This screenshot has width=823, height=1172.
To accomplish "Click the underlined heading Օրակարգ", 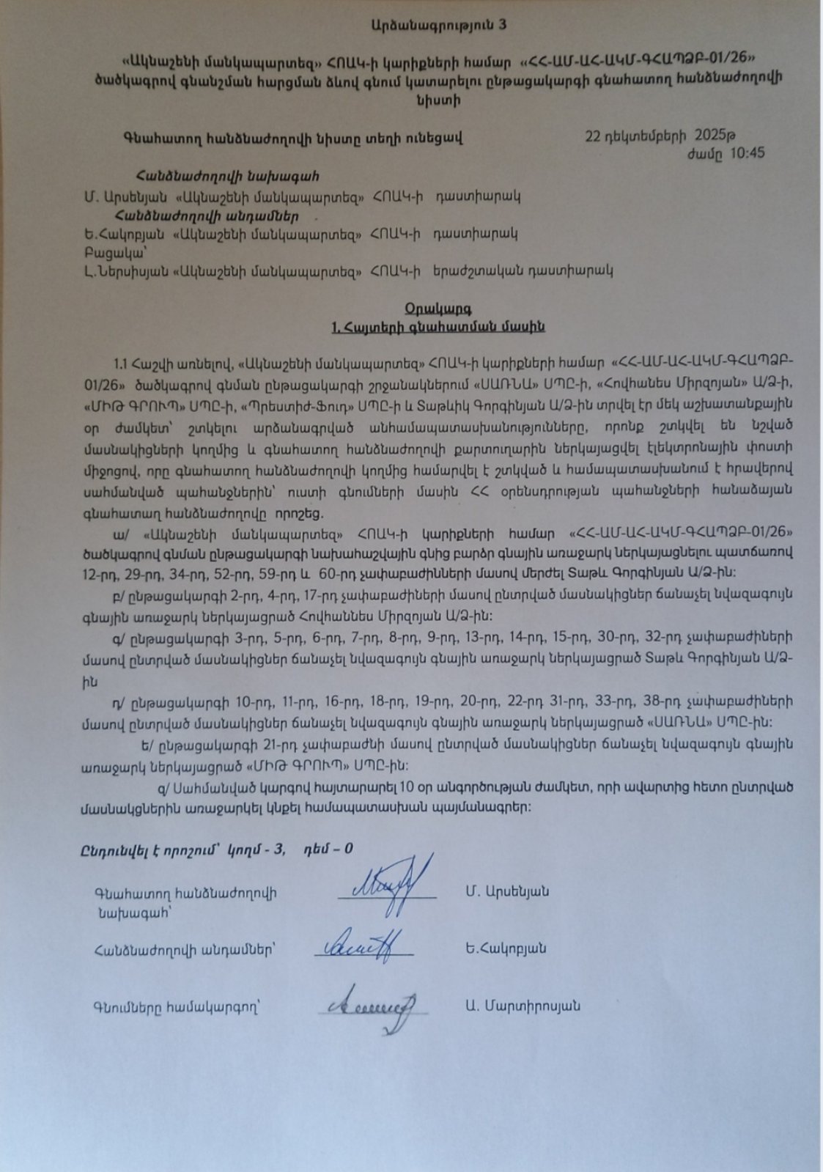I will [x=438, y=308].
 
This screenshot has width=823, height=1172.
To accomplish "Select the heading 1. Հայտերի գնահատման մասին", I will [x=438, y=327].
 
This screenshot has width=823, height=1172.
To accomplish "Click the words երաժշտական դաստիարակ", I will [x=522, y=271].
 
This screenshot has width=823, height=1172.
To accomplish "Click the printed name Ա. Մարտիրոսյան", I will [x=523, y=1006].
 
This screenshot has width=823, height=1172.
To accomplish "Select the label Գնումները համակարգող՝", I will [x=177, y=1007].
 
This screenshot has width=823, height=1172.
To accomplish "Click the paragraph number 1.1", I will [x=122, y=363].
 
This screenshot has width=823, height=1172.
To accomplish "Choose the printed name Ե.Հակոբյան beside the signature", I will [x=505, y=948].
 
